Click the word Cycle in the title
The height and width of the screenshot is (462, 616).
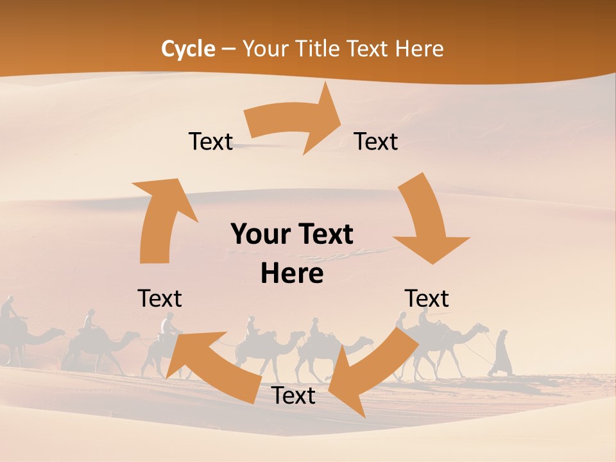tap(188, 49)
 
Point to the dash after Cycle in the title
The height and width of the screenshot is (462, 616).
tap(228, 49)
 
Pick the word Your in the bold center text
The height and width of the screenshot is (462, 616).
tap(256, 234)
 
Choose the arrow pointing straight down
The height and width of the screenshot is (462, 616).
tap(426, 218)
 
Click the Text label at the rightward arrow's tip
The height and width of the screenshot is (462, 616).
tap(376, 141)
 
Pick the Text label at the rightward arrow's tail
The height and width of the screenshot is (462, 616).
tap(210, 141)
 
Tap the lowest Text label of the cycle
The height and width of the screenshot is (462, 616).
tap(293, 396)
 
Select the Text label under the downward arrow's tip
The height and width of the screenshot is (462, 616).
tap(427, 298)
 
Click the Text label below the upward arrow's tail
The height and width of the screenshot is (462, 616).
tap(160, 298)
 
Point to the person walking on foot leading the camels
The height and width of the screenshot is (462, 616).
tap(501, 353)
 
